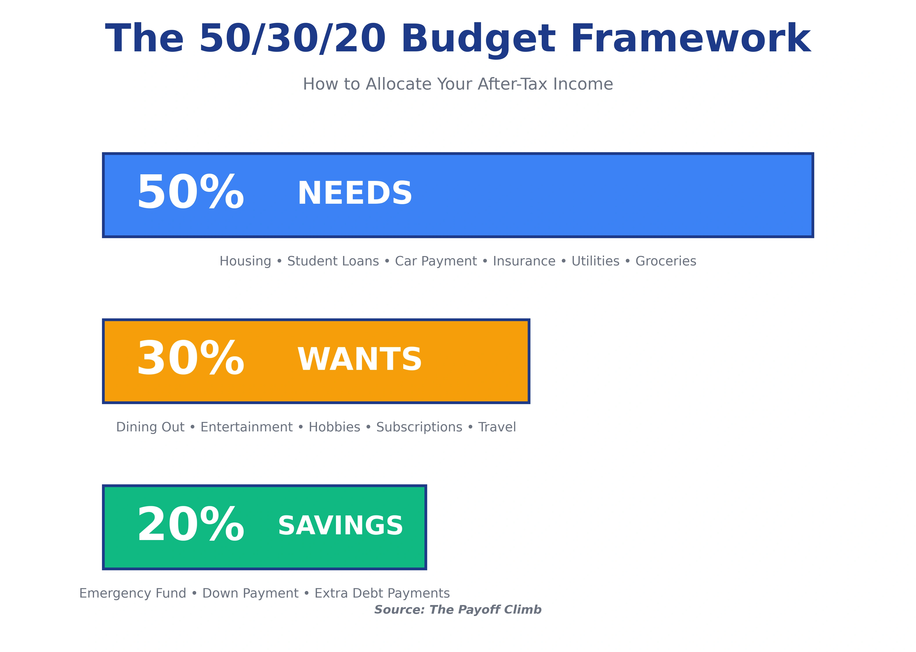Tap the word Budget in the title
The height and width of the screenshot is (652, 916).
[478, 39]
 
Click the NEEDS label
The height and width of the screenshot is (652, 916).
[355, 193]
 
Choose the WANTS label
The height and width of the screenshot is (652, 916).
[360, 360]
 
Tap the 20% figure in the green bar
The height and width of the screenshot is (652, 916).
[190, 525]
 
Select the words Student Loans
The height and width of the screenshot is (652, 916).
[333, 261]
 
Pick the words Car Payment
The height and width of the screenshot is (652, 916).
[436, 261]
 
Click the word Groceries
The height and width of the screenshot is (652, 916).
[666, 261]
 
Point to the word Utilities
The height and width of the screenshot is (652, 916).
[595, 261]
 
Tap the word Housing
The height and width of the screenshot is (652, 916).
[245, 261]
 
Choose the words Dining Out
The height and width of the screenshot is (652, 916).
[150, 427]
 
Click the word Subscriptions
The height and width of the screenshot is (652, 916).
[419, 427]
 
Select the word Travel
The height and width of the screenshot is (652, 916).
[497, 427]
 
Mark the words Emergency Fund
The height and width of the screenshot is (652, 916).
[133, 593]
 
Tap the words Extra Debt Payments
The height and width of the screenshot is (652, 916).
[382, 593]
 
